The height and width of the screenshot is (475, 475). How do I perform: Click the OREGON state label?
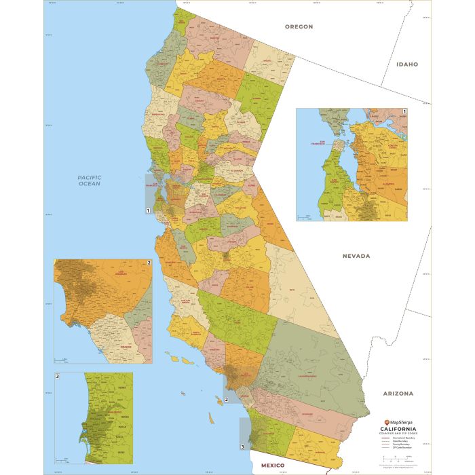299,26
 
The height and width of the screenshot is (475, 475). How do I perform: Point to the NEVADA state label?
356,256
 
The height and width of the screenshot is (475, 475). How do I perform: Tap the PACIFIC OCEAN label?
89,180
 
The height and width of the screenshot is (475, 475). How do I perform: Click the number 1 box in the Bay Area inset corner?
404,111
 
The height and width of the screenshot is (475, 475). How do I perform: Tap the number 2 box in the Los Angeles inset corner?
149,263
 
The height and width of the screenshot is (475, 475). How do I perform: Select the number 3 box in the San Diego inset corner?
57,375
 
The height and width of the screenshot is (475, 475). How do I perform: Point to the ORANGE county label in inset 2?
126,346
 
